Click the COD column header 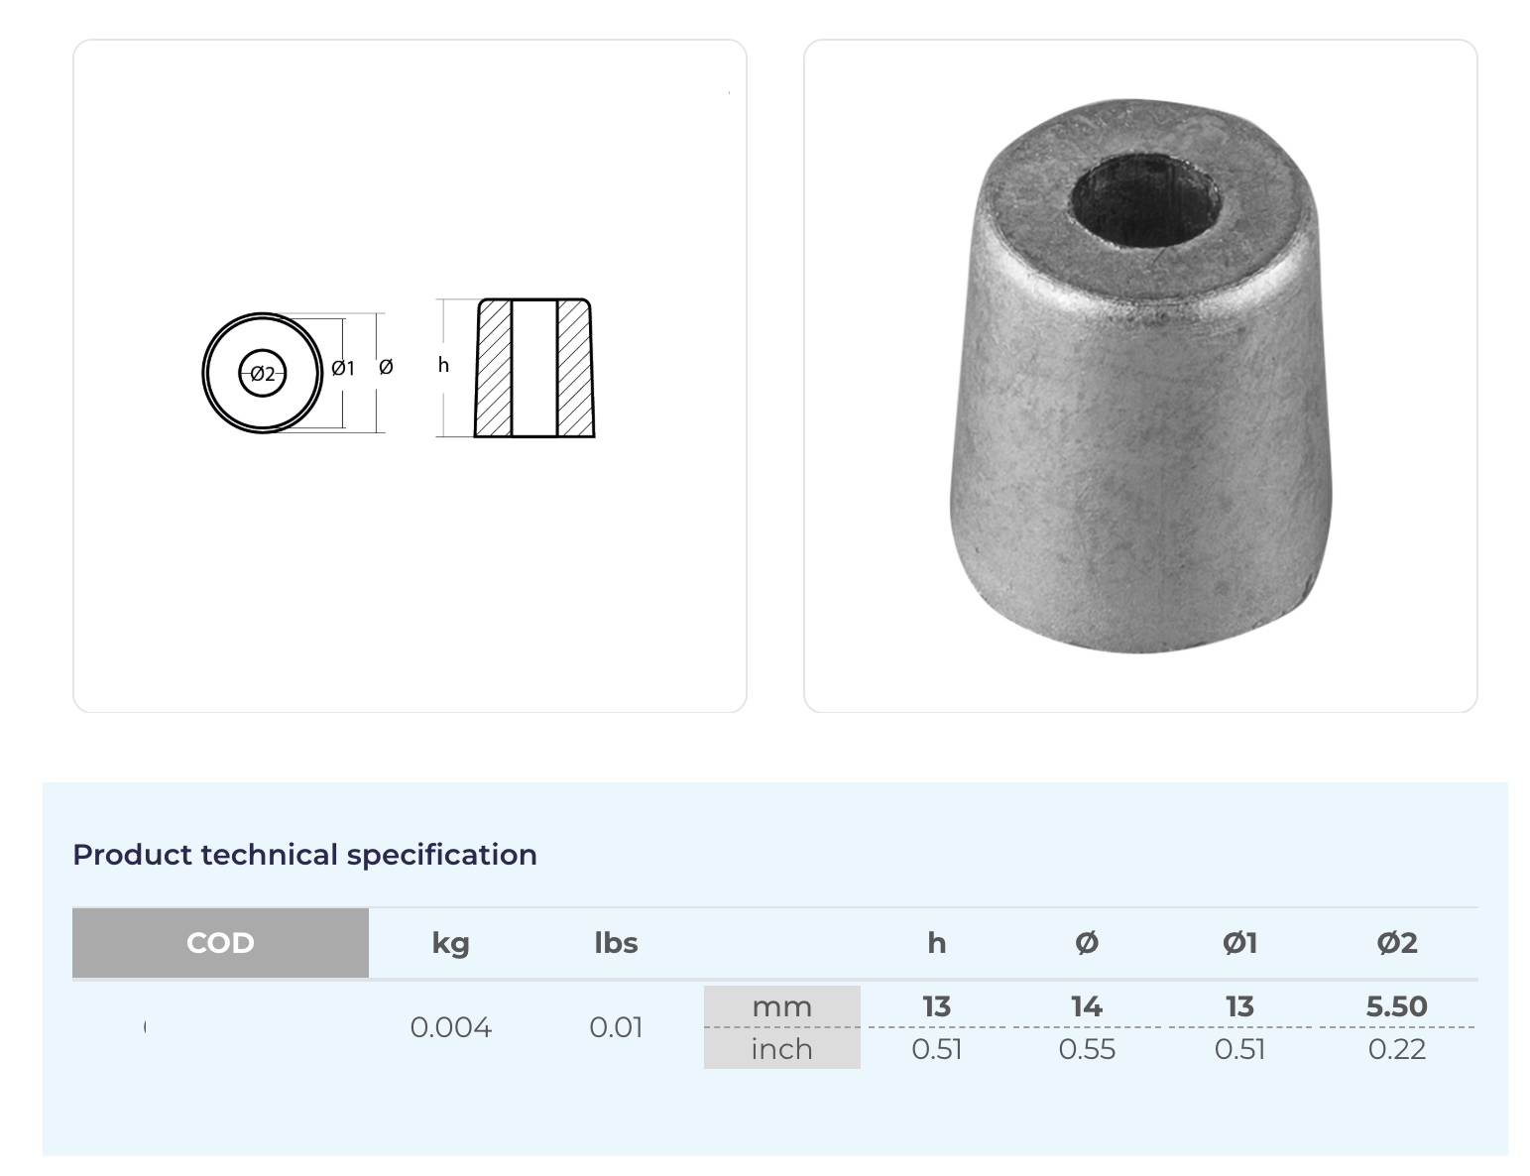point(220,943)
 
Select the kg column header point(450,943)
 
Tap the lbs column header point(616,943)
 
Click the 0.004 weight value point(450,1027)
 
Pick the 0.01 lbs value point(616,1027)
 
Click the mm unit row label point(781,1006)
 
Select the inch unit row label point(781,1049)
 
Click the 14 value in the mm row point(1086,1006)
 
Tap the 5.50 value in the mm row point(1396,1006)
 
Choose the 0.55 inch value point(1086,1049)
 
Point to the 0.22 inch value point(1396,1049)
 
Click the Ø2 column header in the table point(1396,943)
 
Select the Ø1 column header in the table point(1239,943)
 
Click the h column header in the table point(936,943)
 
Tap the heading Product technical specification point(304,855)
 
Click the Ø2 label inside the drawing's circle point(262,374)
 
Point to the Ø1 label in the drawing point(342,369)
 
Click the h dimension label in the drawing point(443,366)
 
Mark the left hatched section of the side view point(494,369)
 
